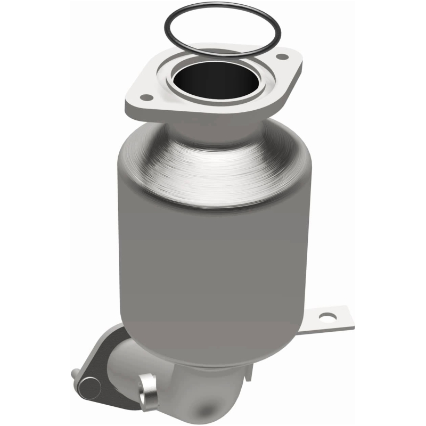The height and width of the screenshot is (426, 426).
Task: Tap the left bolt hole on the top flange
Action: (143, 97)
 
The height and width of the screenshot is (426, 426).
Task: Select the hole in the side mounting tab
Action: (325, 318)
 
